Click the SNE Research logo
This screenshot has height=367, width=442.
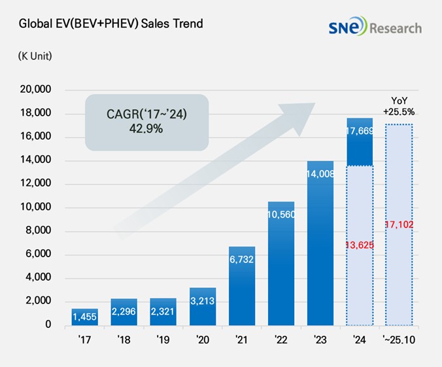tap(375, 27)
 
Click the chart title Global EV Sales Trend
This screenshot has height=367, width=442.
tap(110, 24)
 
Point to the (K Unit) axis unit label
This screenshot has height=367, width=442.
tap(35, 56)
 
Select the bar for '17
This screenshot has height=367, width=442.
tap(85, 317)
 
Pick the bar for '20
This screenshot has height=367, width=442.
tap(203, 306)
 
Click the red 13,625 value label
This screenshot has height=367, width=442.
tap(359, 245)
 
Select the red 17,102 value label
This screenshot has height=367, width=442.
tap(399, 224)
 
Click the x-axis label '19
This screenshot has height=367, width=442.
tap(163, 340)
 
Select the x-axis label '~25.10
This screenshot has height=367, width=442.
tap(398, 340)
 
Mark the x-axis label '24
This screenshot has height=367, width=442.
tap(359, 340)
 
